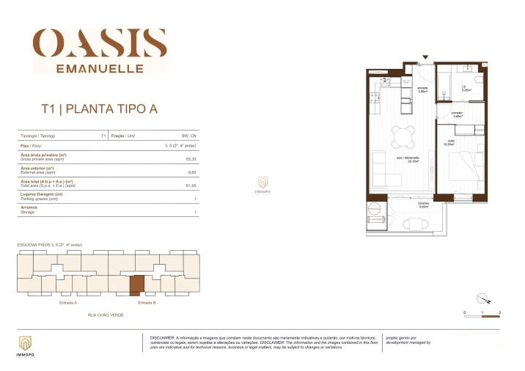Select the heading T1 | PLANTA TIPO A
(x=98, y=110)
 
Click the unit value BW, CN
(x=189, y=136)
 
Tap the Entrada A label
(x=68, y=302)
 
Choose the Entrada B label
(x=147, y=302)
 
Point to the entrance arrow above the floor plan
(x=425, y=56)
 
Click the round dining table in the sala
(x=403, y=136)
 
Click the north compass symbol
(x=482, y=298)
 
